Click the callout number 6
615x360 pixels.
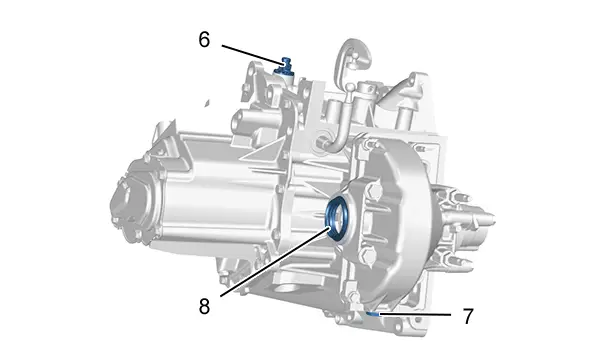click(204, 40)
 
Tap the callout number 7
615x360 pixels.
click(468, 316)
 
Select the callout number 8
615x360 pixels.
click(204, 306)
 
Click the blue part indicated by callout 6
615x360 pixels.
click(285, 67)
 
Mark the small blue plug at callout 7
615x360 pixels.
click(372, 313)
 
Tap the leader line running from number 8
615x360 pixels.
click(274, 262)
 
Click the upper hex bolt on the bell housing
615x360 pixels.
click(374, 191)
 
